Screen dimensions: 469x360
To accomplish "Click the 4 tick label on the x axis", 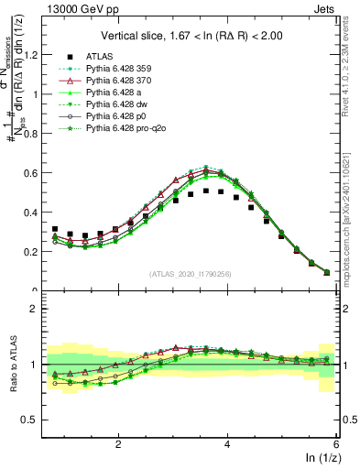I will [228, 443].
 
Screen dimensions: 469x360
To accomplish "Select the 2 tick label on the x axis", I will [118, 443].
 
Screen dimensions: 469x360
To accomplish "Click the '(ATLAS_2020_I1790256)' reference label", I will [191, 274].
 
